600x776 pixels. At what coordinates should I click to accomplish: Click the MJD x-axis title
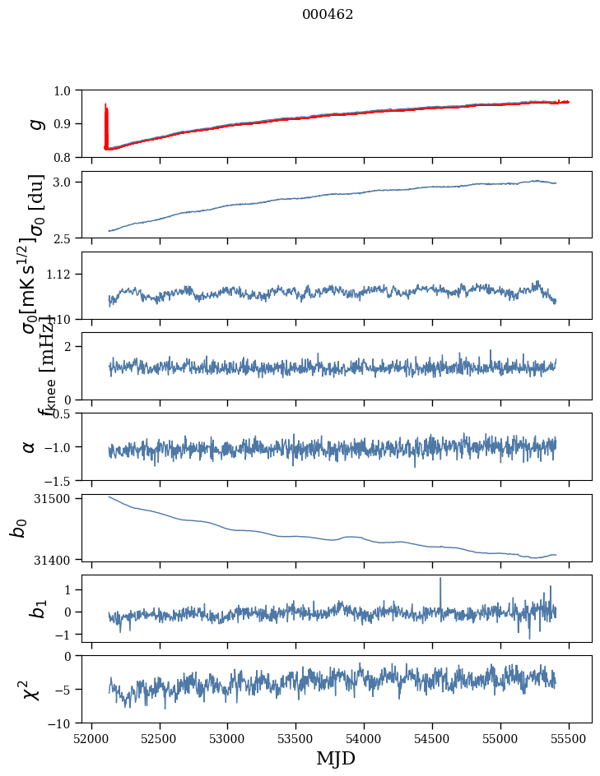pos(336,758)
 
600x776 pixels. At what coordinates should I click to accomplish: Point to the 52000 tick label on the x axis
pos(91,738)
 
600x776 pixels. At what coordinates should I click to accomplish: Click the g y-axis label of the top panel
pos(35,123)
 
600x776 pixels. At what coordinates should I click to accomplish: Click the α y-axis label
pos(30,446)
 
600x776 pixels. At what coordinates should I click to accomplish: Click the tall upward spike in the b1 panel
pos(440,580)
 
